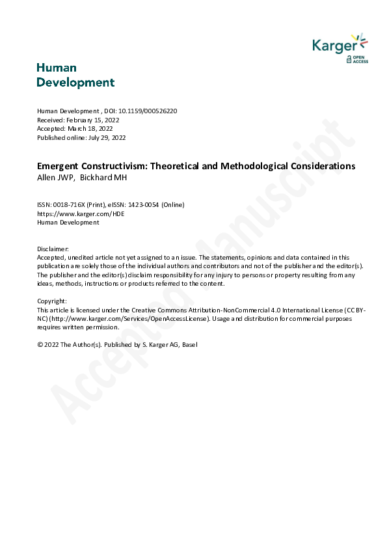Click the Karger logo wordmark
click(334, 45)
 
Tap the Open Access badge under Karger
click(357, 59)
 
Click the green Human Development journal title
click(75, 75)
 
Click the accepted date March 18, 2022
click(94, 129)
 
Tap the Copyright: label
click(52, 301)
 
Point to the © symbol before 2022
click(40, 345)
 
